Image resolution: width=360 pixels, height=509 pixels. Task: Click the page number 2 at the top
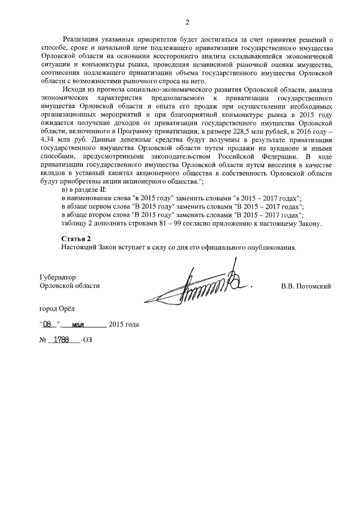coord(187,22)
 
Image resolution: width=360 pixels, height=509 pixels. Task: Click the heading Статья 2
coord(75,239)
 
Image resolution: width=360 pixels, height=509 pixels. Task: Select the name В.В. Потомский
coord(305,286)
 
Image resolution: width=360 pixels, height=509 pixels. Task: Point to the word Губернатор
coord(57,277)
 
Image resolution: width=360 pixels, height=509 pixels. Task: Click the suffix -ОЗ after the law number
coord(85,340)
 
